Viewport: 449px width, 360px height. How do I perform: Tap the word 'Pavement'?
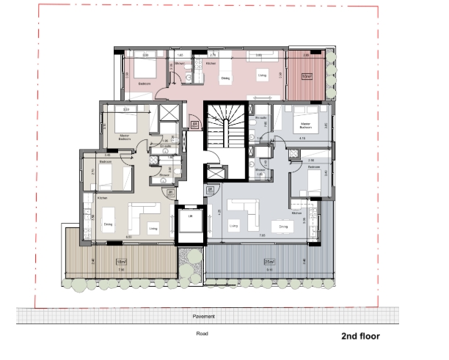click(x=204, y=316)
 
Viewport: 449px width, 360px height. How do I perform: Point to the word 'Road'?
click(x=203, y=334)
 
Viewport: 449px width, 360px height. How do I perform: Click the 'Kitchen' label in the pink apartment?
click(x=211, y=64)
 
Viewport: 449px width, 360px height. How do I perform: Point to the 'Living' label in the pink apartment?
click(x=261, y=75)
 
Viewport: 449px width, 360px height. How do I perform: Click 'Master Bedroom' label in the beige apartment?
click(x=121, y=136)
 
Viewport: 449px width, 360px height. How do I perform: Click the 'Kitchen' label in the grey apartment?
click(x=297, y=213)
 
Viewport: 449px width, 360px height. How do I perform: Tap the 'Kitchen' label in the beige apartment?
click(x=103, y=198)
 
